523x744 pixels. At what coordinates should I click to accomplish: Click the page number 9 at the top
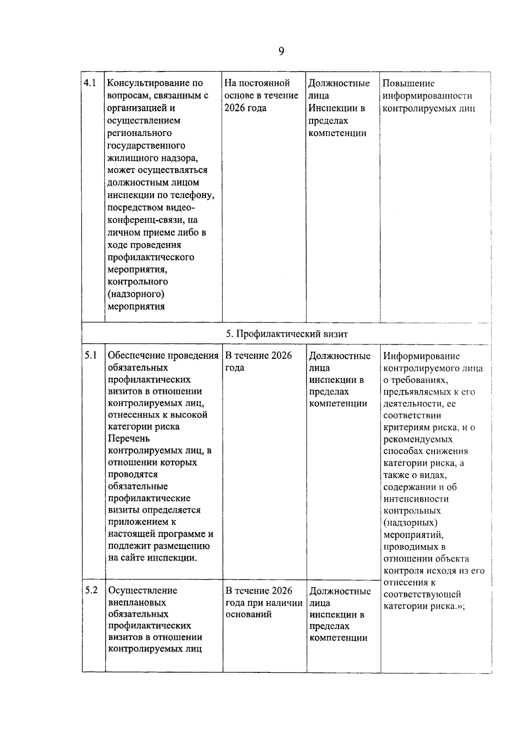click(281, 51)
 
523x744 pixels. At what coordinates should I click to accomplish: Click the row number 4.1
click(90, 83)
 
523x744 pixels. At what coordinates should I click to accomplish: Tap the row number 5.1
click(91, 355)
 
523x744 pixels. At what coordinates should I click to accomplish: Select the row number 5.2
click(91, 590)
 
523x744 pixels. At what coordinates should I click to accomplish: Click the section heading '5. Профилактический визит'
click(287, 334)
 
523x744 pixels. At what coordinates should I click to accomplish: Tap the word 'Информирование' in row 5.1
click(421, 356)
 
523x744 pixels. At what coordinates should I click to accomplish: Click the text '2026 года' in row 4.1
click(245, 108)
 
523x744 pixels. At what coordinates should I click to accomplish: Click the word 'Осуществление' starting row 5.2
click(143, 591)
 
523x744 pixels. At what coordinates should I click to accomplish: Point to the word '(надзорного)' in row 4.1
click(136, 294)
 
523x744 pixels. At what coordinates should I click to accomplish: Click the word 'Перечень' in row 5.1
click(129, 438)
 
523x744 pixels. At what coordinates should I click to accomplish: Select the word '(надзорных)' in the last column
click(410, 523)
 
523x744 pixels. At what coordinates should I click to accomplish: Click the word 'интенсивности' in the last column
click(416, 499)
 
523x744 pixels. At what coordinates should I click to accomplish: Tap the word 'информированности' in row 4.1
click(427, 95)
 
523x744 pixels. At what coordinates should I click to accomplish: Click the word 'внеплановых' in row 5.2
click(137, 602)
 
